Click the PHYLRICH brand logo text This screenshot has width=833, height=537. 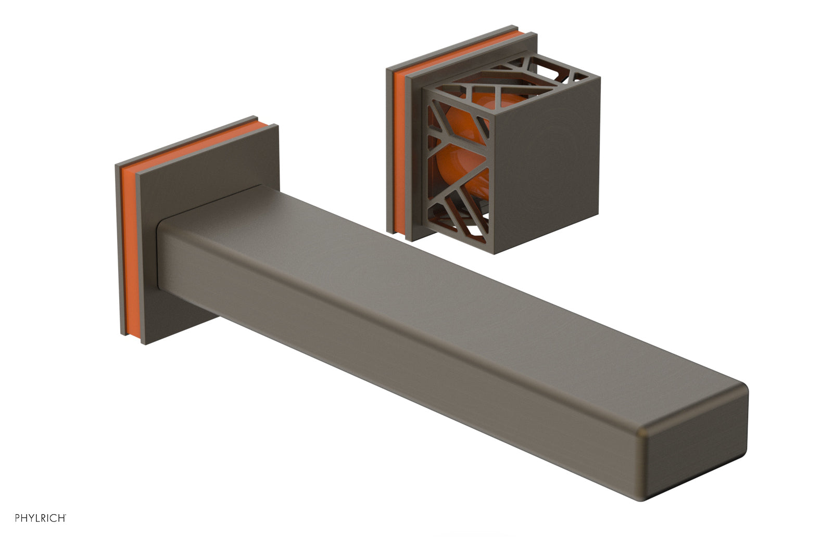[x=40, y=518]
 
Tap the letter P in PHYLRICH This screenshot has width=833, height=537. [x=17, y=518]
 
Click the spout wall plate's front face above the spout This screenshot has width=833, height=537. [x=208, y=161]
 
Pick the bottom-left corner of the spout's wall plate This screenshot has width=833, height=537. [x=142, y=344]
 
